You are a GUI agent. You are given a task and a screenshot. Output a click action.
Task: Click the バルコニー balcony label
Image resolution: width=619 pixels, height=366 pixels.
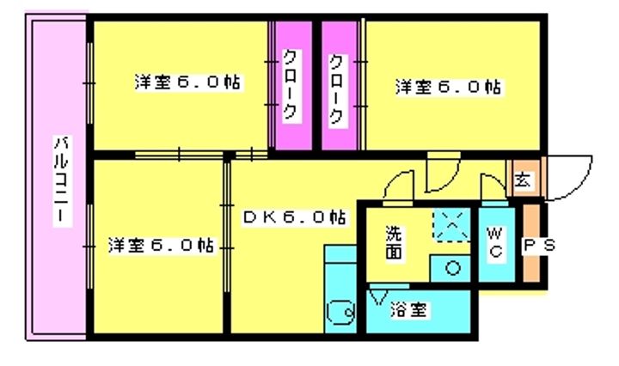tap(60, 180)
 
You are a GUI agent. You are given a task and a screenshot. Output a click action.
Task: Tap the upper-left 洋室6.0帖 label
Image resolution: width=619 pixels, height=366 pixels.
tap(187, 83)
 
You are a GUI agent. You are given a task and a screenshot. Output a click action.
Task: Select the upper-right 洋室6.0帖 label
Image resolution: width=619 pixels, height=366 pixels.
tap(449, 87)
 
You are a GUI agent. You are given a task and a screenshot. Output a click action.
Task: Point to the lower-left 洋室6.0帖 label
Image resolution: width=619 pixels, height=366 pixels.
tap(161, 244)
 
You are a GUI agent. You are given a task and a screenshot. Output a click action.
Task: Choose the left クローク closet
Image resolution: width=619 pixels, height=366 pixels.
tap(291, 86)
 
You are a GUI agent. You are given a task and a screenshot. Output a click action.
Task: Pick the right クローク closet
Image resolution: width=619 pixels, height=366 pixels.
tap(337, 86)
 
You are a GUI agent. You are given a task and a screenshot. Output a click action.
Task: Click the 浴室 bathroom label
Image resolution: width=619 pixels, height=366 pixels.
tap(408, 308)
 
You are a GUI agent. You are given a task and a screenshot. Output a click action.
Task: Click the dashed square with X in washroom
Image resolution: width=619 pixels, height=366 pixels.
tap(450, 226)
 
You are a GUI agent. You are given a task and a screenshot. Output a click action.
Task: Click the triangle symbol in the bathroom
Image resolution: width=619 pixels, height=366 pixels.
tap(377, 297)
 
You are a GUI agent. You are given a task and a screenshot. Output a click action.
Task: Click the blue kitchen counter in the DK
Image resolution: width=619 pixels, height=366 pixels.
tap(340, 275)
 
